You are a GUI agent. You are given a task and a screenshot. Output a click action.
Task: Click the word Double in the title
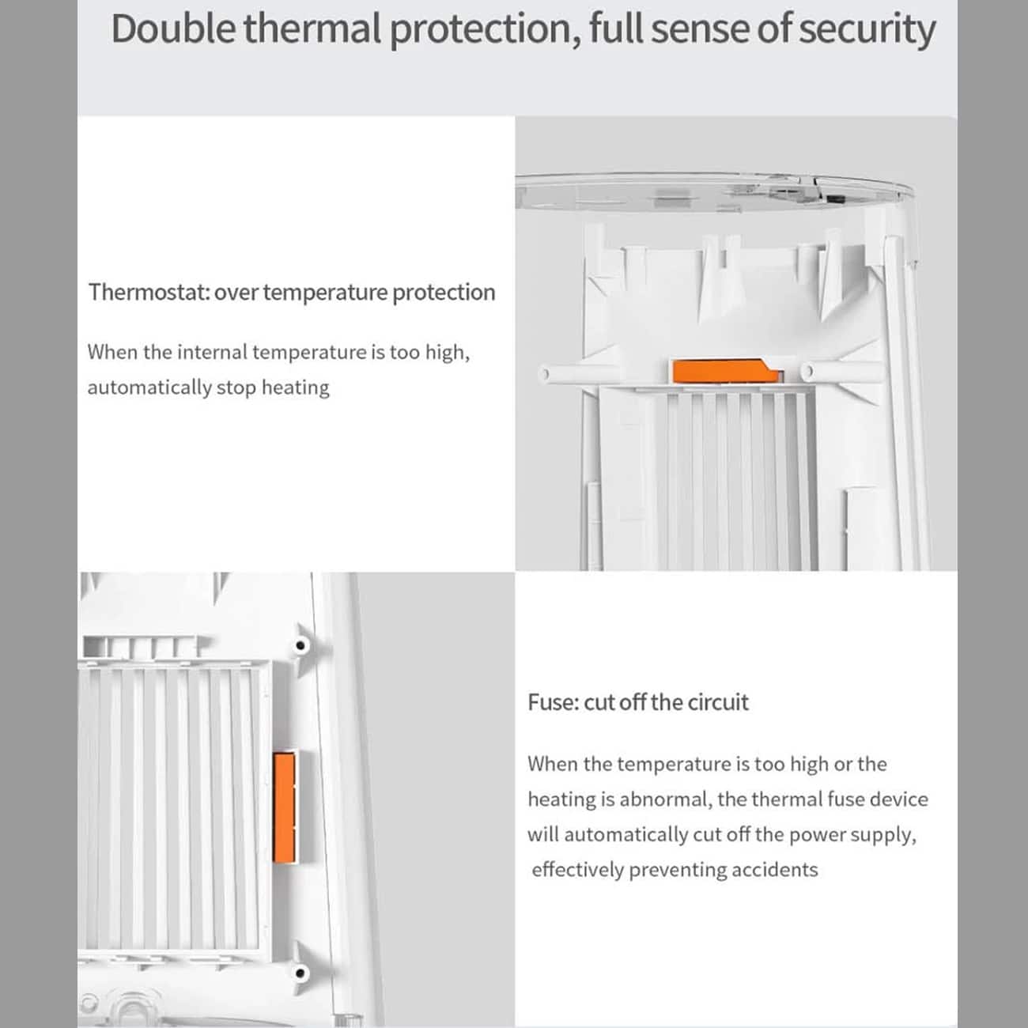173,28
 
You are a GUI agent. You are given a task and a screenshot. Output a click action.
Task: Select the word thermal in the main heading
312,28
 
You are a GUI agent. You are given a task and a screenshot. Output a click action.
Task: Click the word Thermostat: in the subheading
149,292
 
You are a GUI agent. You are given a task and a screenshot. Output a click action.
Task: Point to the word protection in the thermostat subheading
444,293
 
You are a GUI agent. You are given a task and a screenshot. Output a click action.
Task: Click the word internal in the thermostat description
213,352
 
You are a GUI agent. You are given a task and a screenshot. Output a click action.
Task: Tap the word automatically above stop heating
149,387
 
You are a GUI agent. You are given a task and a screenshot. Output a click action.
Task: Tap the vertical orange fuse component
284,807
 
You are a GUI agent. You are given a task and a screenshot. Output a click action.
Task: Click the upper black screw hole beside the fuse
300,646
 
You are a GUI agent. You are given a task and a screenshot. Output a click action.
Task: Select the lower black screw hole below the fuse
300,973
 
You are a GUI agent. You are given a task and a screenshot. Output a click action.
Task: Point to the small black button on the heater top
833,199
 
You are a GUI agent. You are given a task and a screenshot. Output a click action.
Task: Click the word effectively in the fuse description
578,870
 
